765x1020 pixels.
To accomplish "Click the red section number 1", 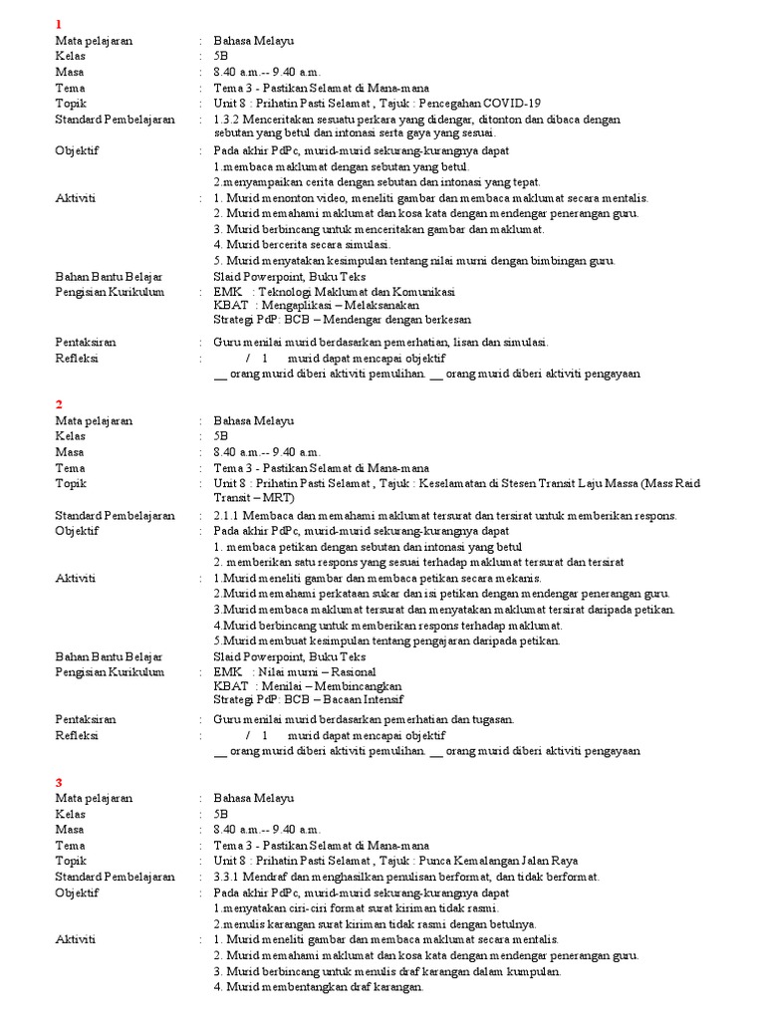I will click(59, 24).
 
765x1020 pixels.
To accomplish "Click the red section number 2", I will click(59, 403).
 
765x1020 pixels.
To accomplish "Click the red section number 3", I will click(59, 783).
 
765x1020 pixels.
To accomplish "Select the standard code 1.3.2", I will click(228, 119).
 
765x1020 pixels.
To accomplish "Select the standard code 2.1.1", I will click(228, 515).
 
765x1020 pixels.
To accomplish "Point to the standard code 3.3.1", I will click(228, 877).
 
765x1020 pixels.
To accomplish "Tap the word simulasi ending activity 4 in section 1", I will click(366, 245).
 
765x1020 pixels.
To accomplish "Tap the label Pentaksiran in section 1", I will click(86, 342).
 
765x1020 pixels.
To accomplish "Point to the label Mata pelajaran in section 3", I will click(94, 799).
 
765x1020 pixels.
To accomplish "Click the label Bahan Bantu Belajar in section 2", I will click(109, 656).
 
